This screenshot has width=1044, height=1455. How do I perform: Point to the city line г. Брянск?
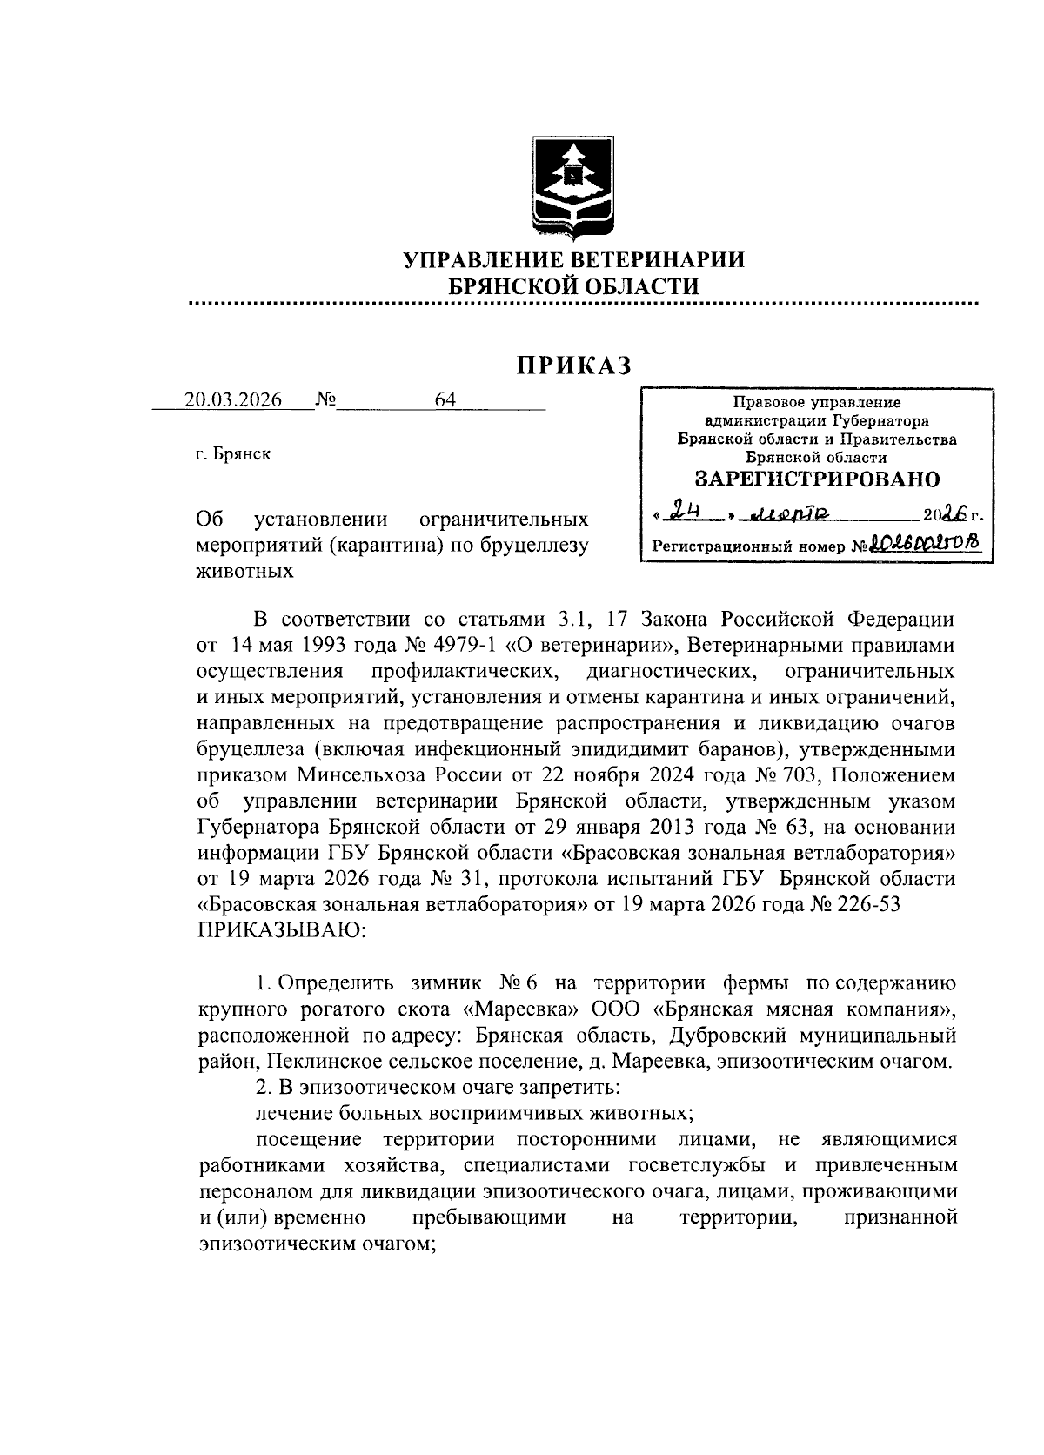232,453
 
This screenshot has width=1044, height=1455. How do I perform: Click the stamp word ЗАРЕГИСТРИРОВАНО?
817,479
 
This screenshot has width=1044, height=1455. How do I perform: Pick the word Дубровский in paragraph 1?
722,1036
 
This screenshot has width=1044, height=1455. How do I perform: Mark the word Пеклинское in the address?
315,1062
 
